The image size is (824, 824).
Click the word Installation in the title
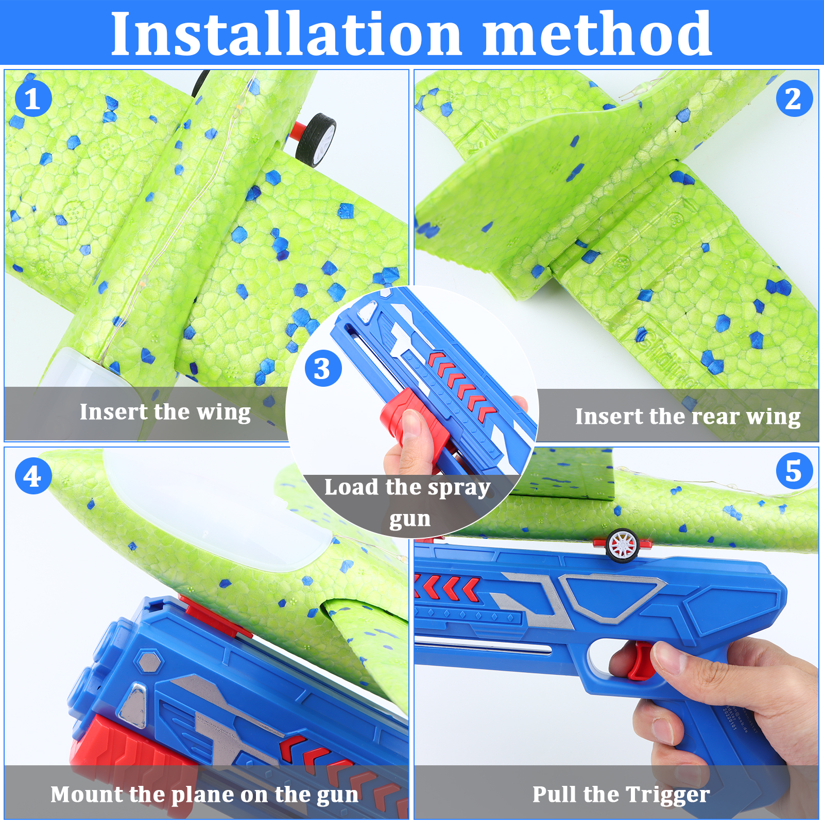tap(286, 34)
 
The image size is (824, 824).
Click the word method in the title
tap(597, 34)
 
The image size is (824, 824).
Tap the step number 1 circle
tap(33, 98)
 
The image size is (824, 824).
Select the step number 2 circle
tap(794, 98)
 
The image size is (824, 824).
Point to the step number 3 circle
tap(323, 368)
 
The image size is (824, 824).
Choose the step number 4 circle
tap(33, 476)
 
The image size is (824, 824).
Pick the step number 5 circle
tap(794, 471)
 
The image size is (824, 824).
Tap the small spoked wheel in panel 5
tap(623, 545)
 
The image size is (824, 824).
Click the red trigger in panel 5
tap(641, 661)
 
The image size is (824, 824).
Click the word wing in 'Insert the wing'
tap(224, 413)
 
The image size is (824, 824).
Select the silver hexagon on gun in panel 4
tap(150, 661)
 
